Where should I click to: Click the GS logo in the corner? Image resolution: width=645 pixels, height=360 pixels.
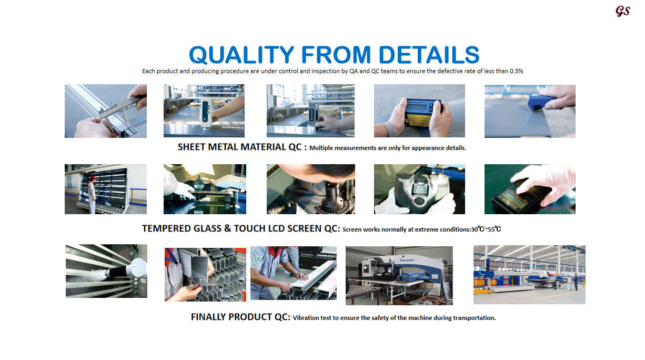coord(623,11)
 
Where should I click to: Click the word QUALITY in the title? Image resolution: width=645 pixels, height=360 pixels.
coord(241,55)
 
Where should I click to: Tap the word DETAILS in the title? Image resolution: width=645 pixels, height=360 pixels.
coord(429,55)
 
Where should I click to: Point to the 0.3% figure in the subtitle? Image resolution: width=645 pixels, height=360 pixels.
coord(516,71)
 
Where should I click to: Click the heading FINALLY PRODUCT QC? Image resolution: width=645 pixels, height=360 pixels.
coord(240,317)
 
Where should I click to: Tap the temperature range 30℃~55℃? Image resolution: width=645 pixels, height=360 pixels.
coord(486,229)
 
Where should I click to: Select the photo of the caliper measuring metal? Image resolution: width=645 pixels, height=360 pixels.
coord(106,111)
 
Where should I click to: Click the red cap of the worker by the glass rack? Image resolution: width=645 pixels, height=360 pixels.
coord(93,178)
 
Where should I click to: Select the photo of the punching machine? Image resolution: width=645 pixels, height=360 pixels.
coord(399,276)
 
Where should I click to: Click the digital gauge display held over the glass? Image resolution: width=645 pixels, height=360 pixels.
coord(199,186)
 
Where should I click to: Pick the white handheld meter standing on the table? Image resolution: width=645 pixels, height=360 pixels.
coord(206,113)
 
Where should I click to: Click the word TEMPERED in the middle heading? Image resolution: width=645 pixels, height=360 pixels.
coord(166,228)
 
